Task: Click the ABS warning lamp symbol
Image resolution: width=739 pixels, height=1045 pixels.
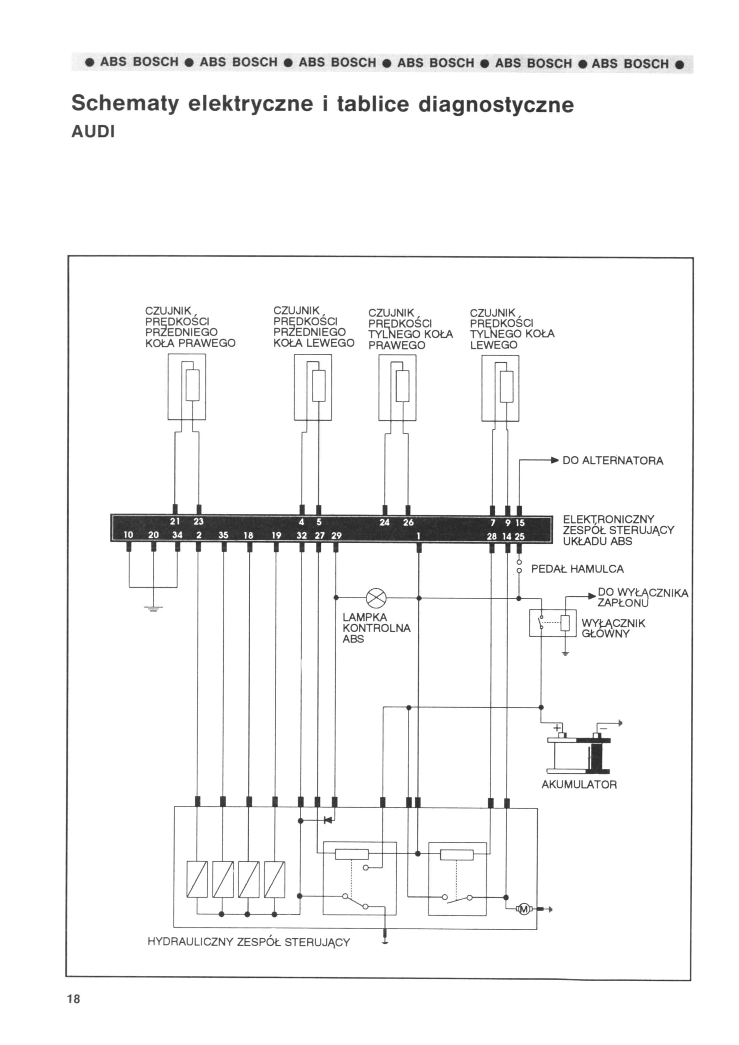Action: pyautogui.click(x=376, y=598)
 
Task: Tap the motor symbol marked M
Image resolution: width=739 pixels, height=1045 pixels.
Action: pyautogui.click(x=524, y=909)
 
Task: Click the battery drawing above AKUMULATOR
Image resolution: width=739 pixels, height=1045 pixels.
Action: pyautogui.click(x=578, y=752)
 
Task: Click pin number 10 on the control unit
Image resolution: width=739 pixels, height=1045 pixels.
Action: pyautogui.click(x=129, y=535)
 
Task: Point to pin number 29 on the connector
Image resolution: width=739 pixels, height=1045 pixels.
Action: pyautogui.click(x=336, y=535)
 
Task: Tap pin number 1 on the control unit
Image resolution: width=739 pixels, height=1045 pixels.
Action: pyautogui.click(x=418, y=536)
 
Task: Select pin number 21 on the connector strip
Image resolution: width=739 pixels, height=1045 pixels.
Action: pyautogui.click(x=175, y=521)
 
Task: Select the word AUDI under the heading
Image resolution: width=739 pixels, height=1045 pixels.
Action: pyautogui.click(x=93, y=132)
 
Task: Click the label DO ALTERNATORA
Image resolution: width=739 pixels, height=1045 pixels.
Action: pyautogui.click(x=613, y=461)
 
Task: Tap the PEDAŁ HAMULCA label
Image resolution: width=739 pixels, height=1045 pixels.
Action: pyautogui.click(x=577, y=569)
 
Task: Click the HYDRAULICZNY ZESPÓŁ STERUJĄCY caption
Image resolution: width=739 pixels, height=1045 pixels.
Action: pyautogui.click(x=249, y=942)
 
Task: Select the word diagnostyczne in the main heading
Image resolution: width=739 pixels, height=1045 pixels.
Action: pyautogui.click(x=496, y=105)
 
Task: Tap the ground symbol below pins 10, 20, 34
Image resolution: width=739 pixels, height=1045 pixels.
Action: pyautogui.click(x=153, y=609)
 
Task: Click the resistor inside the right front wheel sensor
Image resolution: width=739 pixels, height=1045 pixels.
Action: pyautogui.click(x=193, y=385)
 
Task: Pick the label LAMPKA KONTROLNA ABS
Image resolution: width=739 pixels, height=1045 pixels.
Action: pyautogui.click(x=376, y=628)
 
